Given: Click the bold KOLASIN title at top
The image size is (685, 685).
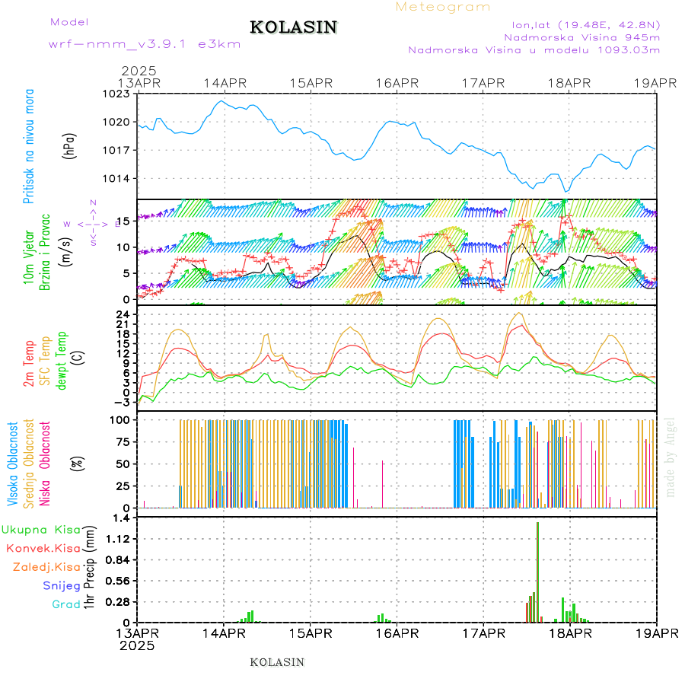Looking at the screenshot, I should coord(293,27).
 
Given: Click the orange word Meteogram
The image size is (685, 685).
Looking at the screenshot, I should coord(443,7).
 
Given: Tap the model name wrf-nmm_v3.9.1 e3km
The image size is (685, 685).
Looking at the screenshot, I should coord(145,44).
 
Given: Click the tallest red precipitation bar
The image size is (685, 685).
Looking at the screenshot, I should coord(537,571).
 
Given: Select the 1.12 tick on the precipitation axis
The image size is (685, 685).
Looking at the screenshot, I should coord(117,539).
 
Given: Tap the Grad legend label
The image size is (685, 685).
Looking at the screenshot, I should coord(65,605).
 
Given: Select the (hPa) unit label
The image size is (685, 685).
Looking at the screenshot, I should coord(70,145).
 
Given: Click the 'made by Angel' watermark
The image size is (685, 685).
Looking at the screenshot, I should coord(671,457).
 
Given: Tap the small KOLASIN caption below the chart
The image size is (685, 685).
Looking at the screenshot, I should coord(277,662).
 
